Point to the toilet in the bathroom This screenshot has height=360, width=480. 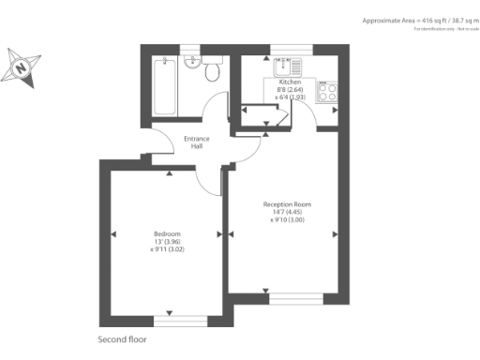(212, 69)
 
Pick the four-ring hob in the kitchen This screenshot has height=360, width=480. (329, 92)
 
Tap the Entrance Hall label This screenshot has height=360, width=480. (196, 143)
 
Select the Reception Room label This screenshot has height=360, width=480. (287, 204)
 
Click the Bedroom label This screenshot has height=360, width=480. (167, 232)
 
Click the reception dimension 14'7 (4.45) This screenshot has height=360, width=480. (287, 212)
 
